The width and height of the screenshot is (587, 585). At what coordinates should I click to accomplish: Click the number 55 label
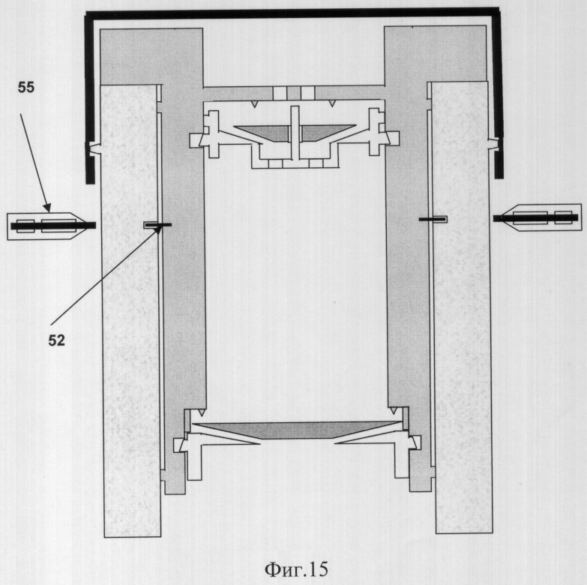[25, 88]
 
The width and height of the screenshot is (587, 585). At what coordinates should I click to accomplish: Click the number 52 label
[56, 340]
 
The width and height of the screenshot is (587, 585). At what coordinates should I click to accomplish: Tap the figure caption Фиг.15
[296, 569]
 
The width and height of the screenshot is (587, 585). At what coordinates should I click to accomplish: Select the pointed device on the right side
[538, 217]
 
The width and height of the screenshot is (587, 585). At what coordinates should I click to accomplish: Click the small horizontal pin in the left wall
[157, 225]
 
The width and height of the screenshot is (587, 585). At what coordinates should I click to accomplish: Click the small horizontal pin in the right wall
[433, 218]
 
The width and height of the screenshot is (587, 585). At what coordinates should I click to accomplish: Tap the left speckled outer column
[130, 310]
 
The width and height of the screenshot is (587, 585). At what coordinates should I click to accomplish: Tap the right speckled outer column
[462, 307]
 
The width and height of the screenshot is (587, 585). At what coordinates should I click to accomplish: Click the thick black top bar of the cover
[292, 13]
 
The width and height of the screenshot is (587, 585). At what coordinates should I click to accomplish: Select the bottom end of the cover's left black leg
[90, 184]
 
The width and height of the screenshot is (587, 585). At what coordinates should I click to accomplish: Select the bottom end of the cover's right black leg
[499, 177]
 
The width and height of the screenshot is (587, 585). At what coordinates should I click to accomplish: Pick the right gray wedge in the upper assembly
[325, 132]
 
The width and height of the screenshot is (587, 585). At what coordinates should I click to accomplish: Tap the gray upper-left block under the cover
[151, 57]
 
